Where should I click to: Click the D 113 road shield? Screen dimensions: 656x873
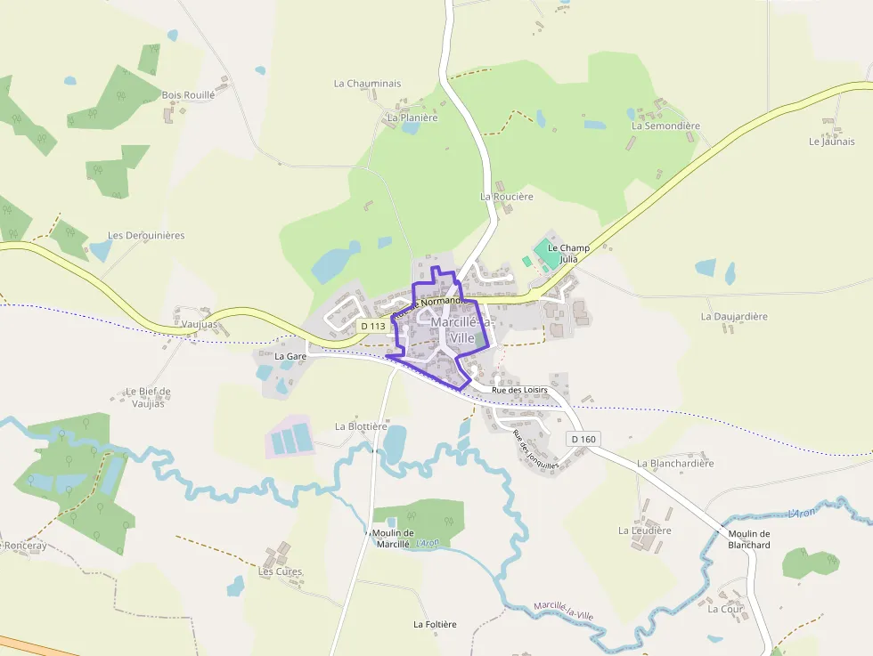tap(374, 327)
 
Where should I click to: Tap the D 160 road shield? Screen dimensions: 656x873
tap(583, 439)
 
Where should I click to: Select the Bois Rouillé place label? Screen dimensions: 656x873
tap(188, 94)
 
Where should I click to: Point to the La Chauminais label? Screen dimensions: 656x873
tap(367, 84)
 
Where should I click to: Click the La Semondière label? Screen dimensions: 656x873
tap(665, 126)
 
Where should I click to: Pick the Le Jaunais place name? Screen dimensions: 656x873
tap(831, 142)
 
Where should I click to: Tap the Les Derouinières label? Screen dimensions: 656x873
tap(146, 235)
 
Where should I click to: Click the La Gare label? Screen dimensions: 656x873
tap(290, 356)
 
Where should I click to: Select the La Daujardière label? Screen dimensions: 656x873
tap(734, 316)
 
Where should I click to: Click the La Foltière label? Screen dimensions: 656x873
tap(435, 624)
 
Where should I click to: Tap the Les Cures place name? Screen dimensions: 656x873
tap(281, 571)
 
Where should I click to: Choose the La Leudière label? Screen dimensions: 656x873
tap(645, 530)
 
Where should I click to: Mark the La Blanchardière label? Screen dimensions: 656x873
tap(675, 463)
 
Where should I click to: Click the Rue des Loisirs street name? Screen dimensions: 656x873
tap(518, 389)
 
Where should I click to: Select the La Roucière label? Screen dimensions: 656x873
tap(506, 196)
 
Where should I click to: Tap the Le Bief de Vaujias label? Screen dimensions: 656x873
tap(148, 397)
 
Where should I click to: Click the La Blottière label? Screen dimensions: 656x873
tap(361, 426)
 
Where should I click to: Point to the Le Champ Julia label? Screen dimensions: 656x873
tap(568, 253)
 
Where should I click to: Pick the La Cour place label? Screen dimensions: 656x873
tap(725, 609)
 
